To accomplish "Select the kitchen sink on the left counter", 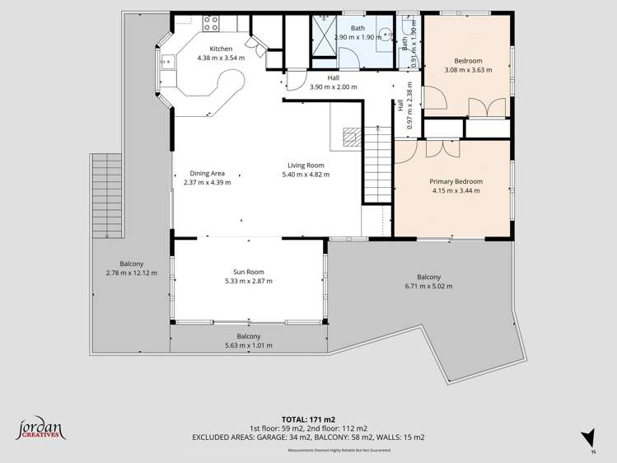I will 166,59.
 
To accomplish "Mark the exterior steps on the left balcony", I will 106,195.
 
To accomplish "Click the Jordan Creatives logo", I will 40,428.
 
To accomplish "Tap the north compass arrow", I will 587,438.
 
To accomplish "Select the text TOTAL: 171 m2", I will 308,419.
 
